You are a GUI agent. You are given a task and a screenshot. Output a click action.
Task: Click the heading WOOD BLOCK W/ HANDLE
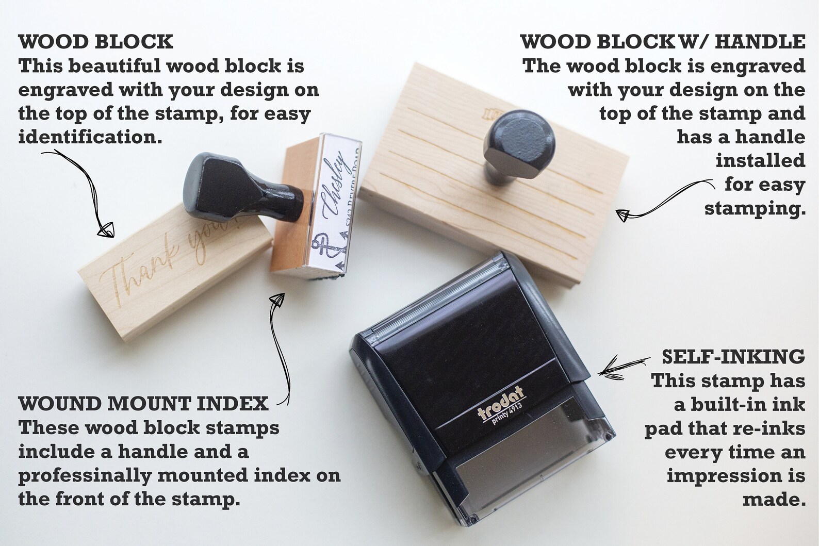(663, 42)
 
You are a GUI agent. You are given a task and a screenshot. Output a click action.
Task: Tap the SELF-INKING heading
(733, 356)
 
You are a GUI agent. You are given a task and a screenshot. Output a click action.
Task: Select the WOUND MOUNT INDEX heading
(143, 404)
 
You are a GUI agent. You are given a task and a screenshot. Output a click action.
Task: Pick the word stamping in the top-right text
(754, 208)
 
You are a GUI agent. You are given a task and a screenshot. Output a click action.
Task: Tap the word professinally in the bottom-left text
(85, 475)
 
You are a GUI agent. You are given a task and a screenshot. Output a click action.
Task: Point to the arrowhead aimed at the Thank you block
(107, 229)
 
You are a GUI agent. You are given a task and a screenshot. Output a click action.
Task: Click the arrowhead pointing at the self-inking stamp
(607, 371)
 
